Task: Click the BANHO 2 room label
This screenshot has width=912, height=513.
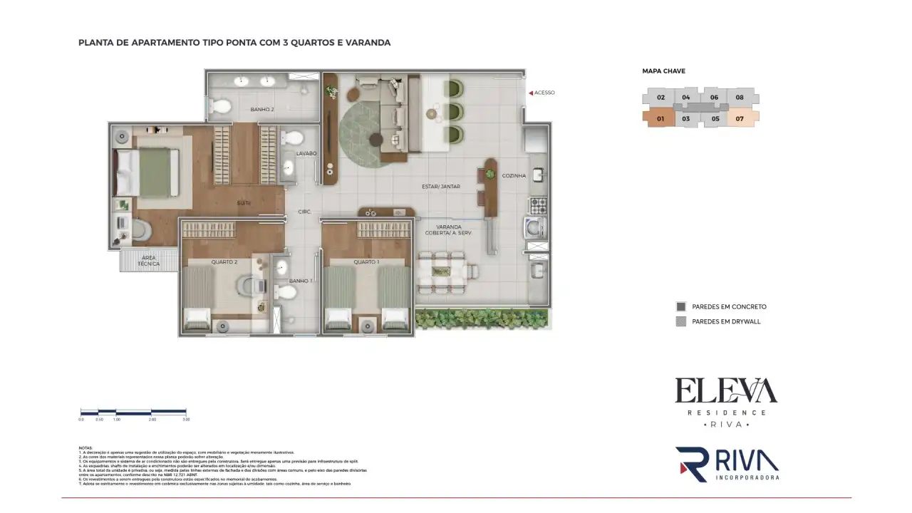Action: tap(263, 110)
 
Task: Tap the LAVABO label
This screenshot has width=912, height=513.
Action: tap(306, 153)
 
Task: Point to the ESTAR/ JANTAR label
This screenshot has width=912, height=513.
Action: tap(440, 187)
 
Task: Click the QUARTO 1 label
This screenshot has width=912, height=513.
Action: tap(367, 262)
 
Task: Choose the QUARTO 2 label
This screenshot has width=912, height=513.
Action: tap(224, 262)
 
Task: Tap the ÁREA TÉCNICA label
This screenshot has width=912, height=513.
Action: tap(149, 261)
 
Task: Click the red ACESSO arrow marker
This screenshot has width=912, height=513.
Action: tap(530, 93)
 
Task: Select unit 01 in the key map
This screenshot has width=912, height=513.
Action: tap(660, 119)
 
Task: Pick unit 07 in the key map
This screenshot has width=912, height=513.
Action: tap(740, 119)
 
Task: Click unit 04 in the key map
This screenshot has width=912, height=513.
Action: tap(685, 98)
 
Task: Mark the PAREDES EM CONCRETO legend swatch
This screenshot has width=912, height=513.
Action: tap(680, 306)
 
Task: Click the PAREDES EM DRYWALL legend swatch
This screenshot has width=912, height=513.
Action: tap(680, 321)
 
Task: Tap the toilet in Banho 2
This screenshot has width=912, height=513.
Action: tap(222, 107)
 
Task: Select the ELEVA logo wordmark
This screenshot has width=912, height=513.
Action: tap(726, 390)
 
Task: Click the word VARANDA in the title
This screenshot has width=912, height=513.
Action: tap(367, 43)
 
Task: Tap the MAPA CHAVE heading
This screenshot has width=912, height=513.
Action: tap(663, 71)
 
